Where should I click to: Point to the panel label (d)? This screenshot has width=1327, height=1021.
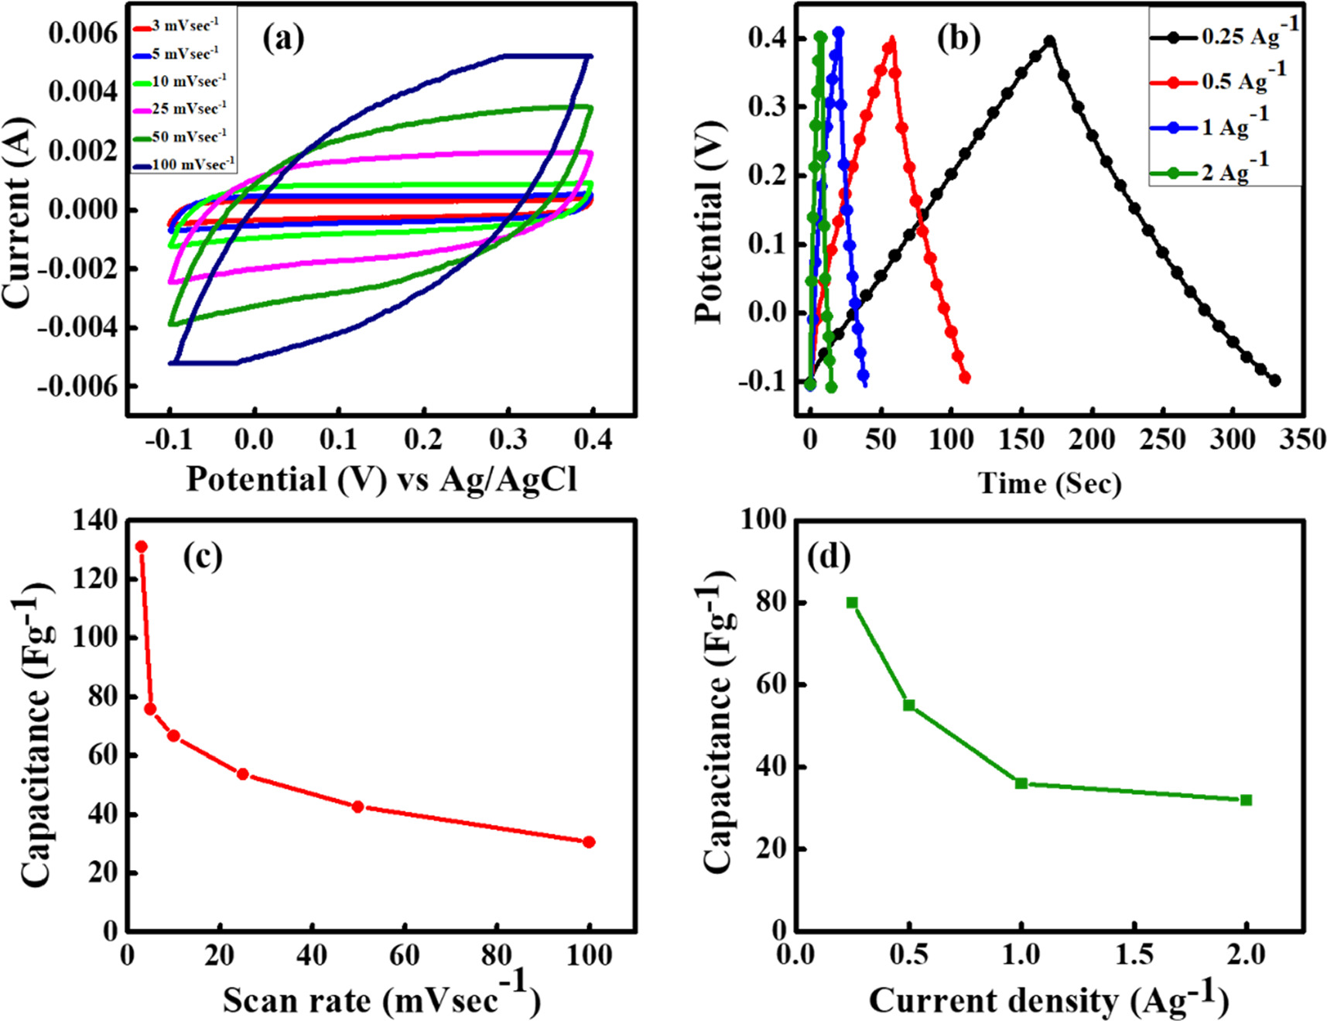(x=828, y=557)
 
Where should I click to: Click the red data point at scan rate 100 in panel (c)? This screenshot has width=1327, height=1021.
(x=589, y=842)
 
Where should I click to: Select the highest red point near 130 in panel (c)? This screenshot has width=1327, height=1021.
(x=142, y=546)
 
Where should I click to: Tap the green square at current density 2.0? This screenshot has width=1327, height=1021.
(x=1247, y=800)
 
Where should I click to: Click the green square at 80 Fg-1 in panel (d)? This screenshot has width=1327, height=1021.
(x=852, y=603)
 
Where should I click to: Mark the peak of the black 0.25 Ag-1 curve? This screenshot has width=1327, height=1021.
(x=1050, y=40)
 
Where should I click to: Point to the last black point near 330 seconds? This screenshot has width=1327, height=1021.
(x=1275, y=380)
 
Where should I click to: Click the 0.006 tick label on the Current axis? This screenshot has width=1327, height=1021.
(x=84, y=33)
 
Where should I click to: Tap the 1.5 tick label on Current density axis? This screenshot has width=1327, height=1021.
(x=1134, y=954)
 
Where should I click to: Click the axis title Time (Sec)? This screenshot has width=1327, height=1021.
(x=1050, y=484)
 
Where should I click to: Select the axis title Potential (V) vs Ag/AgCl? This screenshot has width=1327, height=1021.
(x=381, y=480)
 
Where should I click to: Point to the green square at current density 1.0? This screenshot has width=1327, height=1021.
(x=1021, y=783)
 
